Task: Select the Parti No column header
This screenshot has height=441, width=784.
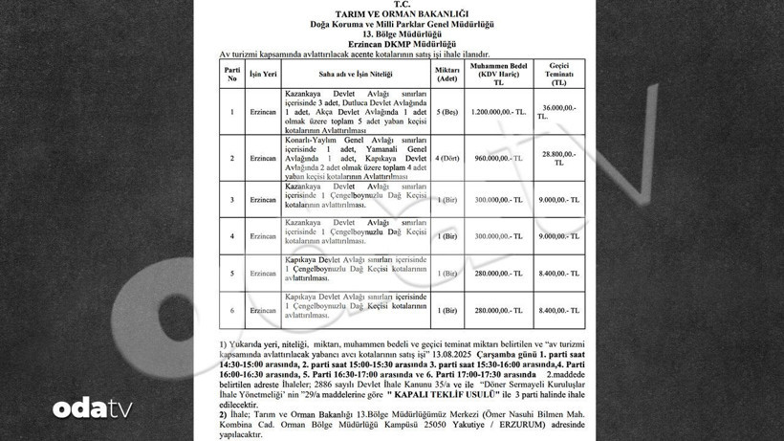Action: pos(232,73)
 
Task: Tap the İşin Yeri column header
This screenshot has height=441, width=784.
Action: pos(263,73)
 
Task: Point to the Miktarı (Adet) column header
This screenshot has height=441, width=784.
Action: pos(447,73)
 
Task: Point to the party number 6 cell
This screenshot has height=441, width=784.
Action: pos(232,311)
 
